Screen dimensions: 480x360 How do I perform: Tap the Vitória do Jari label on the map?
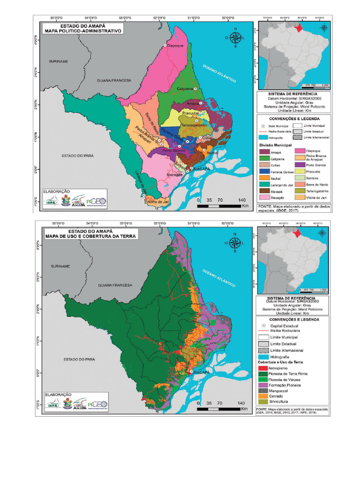157,202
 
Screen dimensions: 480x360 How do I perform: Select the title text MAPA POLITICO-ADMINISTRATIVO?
82,31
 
